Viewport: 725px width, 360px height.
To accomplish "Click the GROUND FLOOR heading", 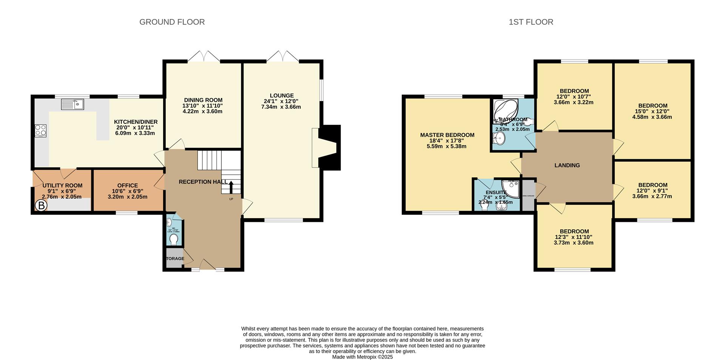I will (x=172, y=22).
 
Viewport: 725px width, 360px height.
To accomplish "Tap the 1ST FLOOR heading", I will (x=531, y=22).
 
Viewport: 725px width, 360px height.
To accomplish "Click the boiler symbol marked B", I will (x=41, y=206).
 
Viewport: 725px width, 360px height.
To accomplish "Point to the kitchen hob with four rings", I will (x=40, y=131).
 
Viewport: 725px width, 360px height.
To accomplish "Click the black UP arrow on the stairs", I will (x=231, y=187).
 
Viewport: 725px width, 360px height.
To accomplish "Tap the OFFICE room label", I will (x=128, y=185).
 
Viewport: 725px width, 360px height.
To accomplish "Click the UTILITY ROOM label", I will (x=62, y=185).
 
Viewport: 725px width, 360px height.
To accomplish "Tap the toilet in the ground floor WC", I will (x=174, y=239).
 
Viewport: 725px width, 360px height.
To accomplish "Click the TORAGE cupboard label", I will (x=175, y=258).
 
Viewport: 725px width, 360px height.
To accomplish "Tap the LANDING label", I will (x=567, y=165).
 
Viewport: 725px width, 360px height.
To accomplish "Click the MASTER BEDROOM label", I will (x=447, y=135).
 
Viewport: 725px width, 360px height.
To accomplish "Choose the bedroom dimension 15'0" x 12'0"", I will (x=652, y=111).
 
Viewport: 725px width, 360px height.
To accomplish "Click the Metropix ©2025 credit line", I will (x=362, y=357).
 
